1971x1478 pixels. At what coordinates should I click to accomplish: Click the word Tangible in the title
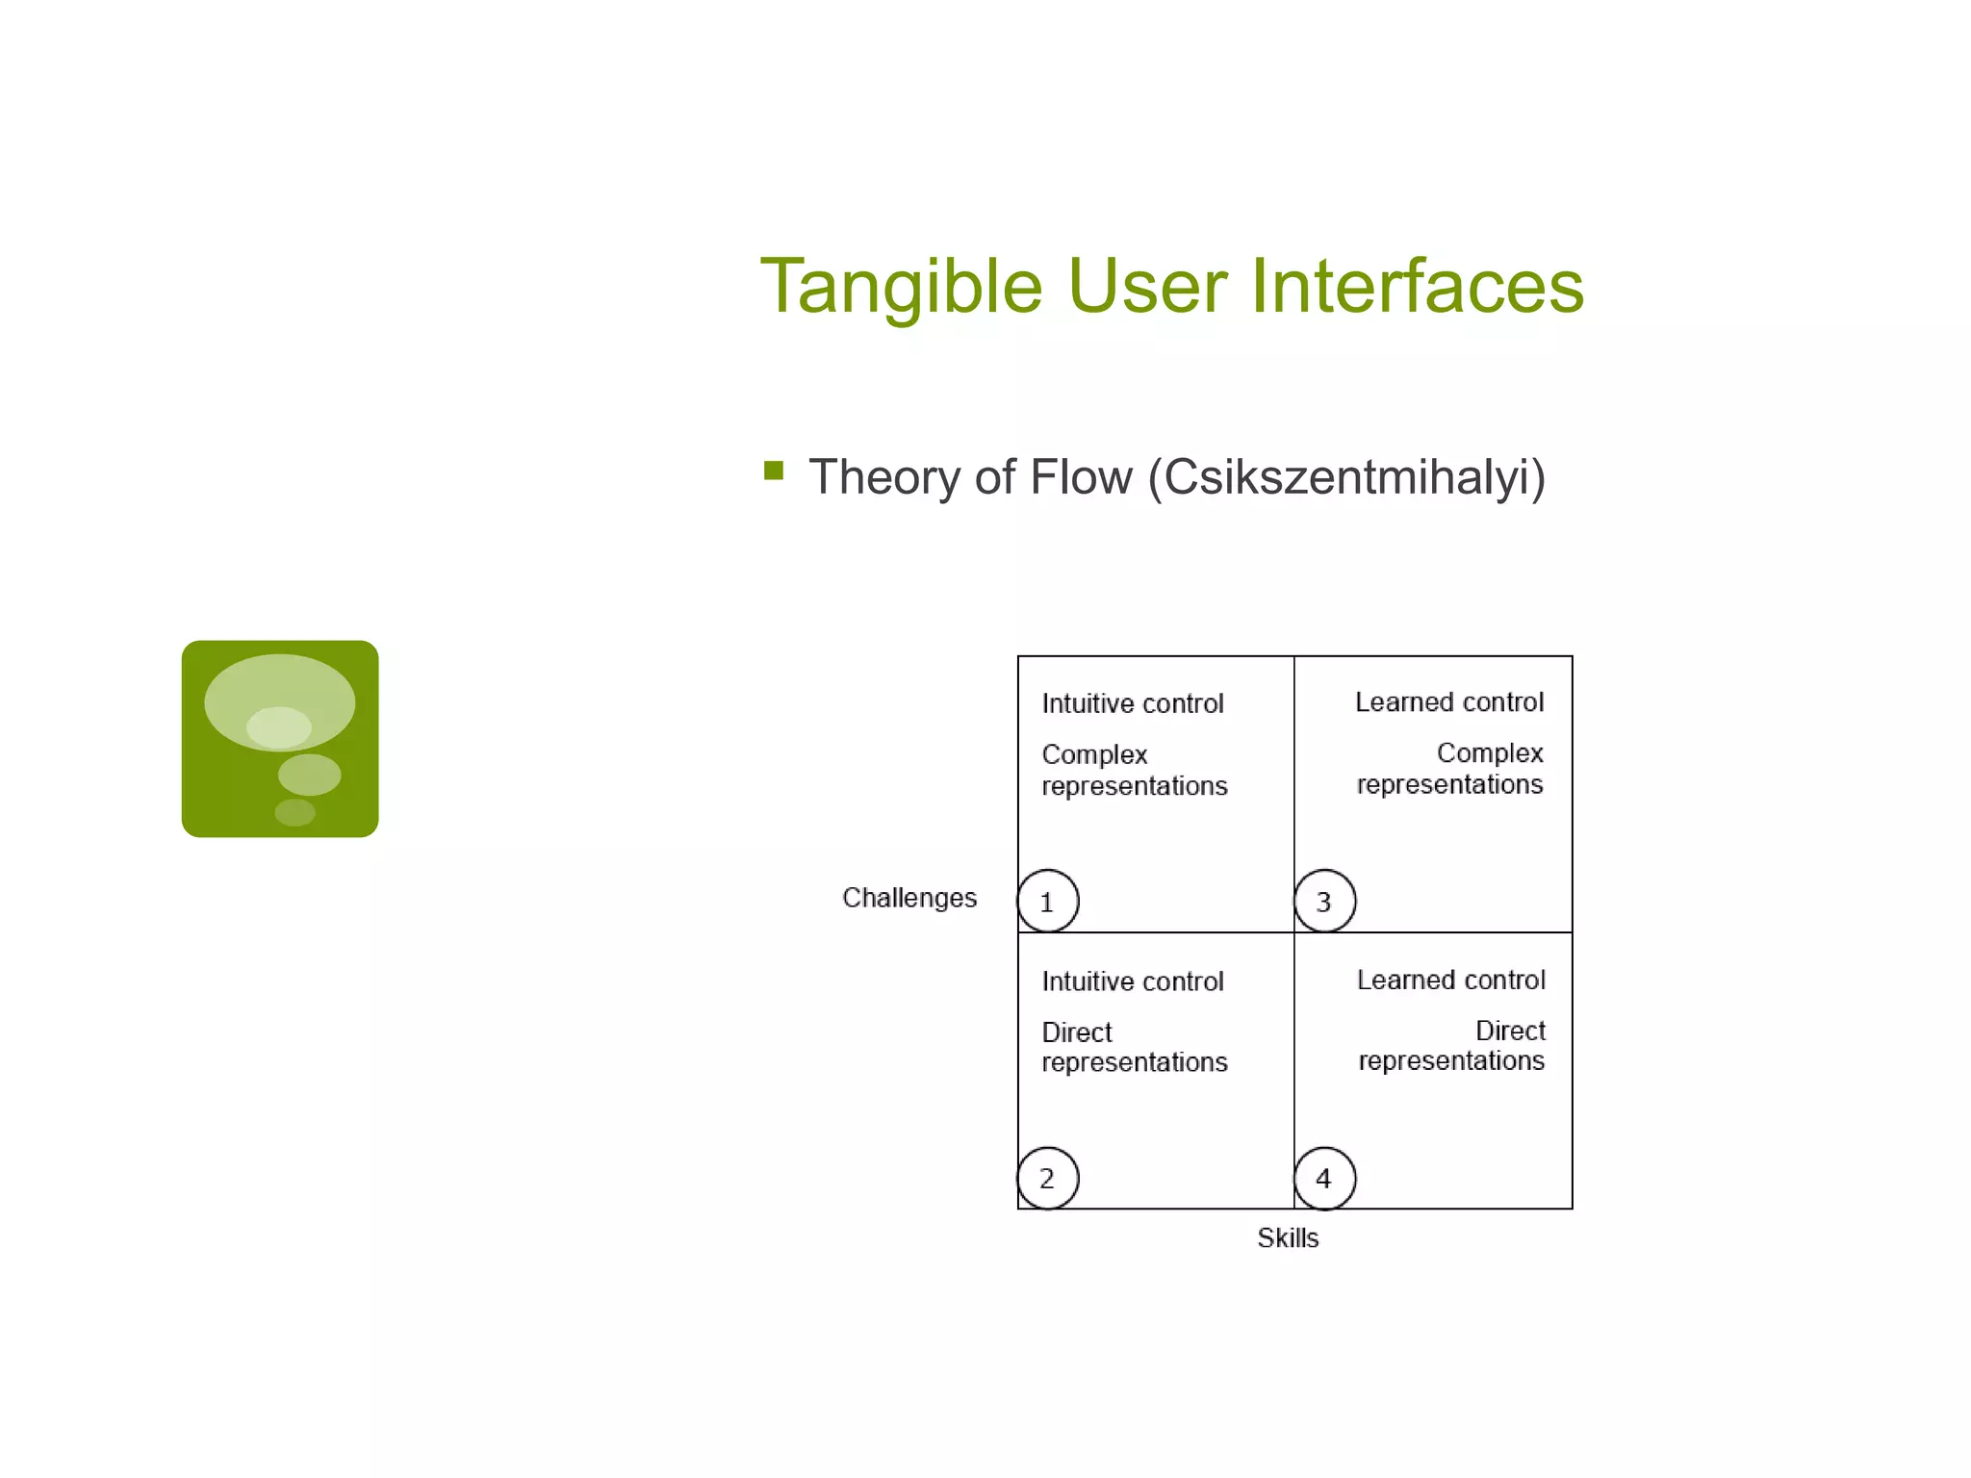[901, 287]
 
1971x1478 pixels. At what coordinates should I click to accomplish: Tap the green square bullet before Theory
[774, 471]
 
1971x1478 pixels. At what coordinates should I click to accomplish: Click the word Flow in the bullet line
[1080, 477]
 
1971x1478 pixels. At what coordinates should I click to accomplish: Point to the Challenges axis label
[909, 898]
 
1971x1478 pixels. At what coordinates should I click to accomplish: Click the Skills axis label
[1287, 1238]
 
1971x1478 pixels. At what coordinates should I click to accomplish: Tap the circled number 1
[1047, 902]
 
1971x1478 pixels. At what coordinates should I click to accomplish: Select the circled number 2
[1047, 1179]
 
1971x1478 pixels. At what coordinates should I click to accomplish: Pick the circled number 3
[1324, 902]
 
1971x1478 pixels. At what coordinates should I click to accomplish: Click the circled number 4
[1324, 1179]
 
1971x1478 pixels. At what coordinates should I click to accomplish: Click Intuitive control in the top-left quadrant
[1132, 704]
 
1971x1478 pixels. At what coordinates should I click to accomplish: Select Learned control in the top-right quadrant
[1448, 702]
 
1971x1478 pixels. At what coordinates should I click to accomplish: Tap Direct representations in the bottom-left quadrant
[1134, 1047]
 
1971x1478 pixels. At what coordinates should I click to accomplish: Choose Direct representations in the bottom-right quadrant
[1451, 1046]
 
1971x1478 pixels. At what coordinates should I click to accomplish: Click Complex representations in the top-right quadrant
[1450, 769]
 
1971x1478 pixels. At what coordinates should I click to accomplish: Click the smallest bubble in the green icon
[294, 812]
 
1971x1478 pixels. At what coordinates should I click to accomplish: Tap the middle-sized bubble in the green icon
[309, 774]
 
